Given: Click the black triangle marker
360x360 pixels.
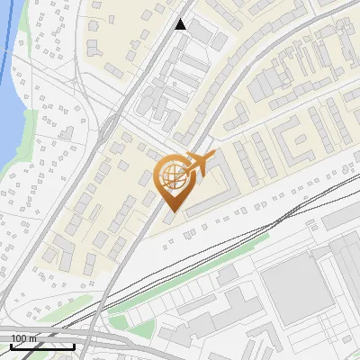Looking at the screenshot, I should coord(181,24).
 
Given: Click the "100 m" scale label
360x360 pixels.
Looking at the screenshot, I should coord(24,338).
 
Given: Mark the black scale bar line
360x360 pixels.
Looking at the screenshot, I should coord(42,346).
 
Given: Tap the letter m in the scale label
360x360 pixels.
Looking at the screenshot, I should coord(33,338).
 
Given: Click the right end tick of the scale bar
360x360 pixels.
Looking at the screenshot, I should coord(74,346).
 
